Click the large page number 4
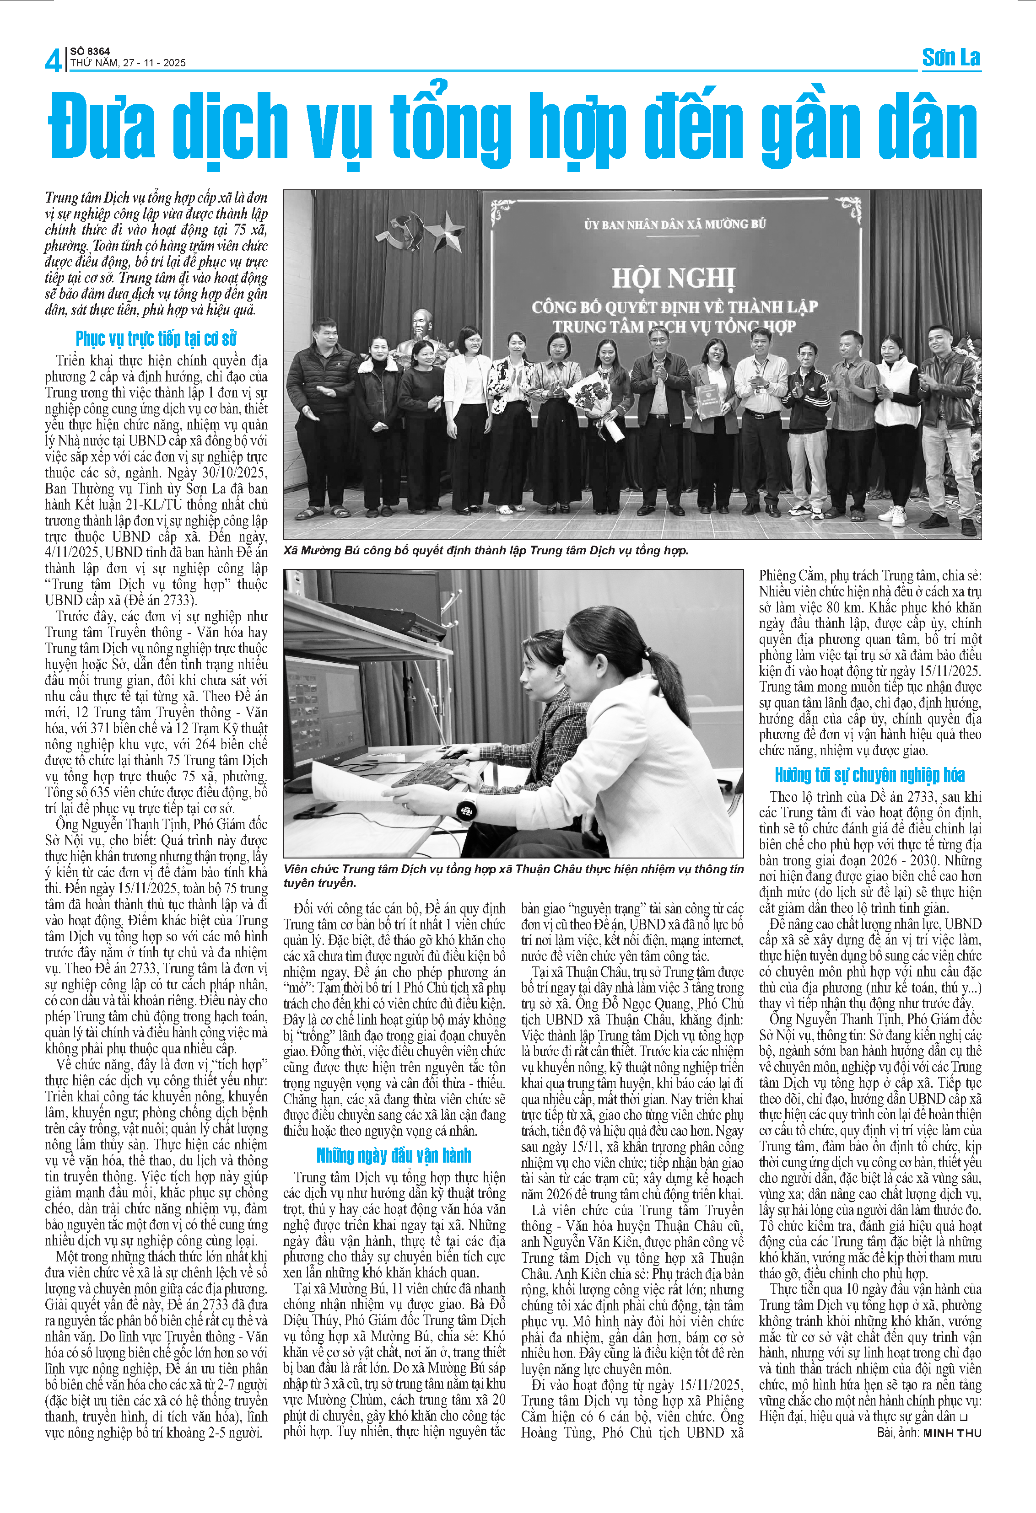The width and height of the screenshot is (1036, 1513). (x=54, y=60)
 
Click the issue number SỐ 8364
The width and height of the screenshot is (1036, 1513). (x=90, y=51)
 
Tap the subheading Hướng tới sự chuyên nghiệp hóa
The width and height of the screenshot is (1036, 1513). (x=869, y=775)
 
